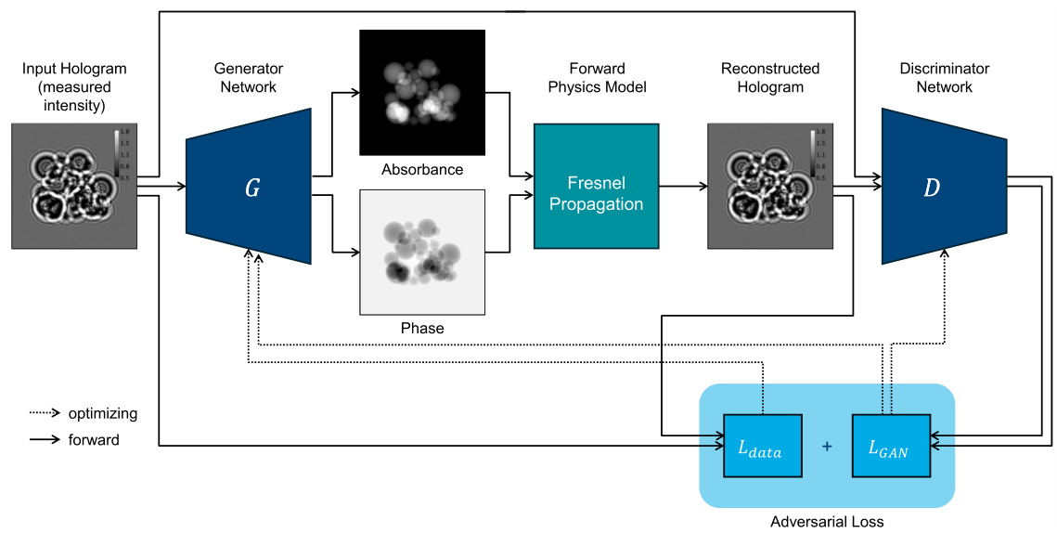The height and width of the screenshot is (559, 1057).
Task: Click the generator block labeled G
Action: pyautogui.click(x=249, y=187)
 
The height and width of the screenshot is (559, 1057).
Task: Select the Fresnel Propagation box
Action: pyautogui.click(x=596, y=187)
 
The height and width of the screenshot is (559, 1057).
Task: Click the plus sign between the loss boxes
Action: pyautogui.click(x=827, y=447)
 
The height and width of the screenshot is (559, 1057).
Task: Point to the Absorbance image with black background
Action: pyautogui.click(x=422, y=92)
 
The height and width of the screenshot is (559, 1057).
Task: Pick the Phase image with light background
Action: pyautogui.click(x=422, y=253)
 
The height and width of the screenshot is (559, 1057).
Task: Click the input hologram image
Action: pyautogui.click(x=74, y=187)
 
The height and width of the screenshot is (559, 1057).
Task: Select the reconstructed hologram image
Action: pyautogui.click(x=770, y=187)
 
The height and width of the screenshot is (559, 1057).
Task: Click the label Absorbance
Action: pyautogui.click(x=422, y=170)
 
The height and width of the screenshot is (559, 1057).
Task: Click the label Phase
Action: pyautogui.click(x=422, y=328)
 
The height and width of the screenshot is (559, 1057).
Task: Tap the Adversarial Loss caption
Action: pyautogui.click(x=827, y=522)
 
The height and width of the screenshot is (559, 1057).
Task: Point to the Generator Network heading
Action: pyautogui.click(x=249, y=78)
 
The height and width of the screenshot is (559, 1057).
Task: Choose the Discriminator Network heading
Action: pyautogui.click(x=944, y=78)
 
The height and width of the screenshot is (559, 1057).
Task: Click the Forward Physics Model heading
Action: pyautogui.click(x=597, y=78)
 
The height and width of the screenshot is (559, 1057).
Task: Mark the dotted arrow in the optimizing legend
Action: pyautogui.click(x=44, y=413)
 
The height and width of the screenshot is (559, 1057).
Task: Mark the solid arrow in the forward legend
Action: pyautogui.click(x=44, y=440)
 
